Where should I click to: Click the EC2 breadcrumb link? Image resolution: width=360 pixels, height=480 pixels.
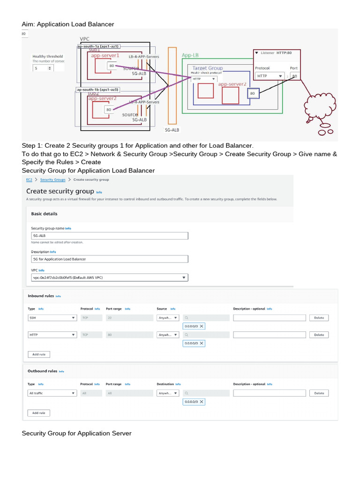29,180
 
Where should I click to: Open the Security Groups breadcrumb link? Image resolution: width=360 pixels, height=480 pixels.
52,180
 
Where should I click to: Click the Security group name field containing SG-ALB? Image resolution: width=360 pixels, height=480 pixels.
109,236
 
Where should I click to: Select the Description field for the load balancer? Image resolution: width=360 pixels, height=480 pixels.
109,259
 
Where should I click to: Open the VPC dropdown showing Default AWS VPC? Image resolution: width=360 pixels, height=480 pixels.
109,277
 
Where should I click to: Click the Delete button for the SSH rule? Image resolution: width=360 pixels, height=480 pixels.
319,318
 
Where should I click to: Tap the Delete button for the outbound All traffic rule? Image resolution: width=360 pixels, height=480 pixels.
319,393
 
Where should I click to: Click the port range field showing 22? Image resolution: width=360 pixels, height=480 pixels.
128,318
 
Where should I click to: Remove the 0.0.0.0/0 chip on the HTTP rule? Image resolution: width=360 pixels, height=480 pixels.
202,343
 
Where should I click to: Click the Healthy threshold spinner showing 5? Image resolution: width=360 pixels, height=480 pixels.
43,68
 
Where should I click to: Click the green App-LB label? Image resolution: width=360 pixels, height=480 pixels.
190,55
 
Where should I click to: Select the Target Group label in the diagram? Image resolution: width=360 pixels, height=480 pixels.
207,68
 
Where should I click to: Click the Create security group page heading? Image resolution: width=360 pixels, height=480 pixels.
60,191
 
